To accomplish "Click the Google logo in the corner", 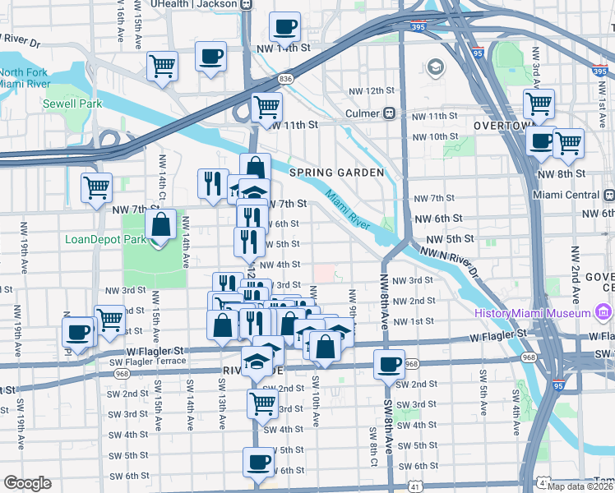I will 27,483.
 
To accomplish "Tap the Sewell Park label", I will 72,104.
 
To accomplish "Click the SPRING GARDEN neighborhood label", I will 336,173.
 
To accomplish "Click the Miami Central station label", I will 567,194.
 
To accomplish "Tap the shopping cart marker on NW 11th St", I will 266,108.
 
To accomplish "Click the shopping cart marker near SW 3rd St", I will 262,403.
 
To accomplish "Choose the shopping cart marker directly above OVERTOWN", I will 539,104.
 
